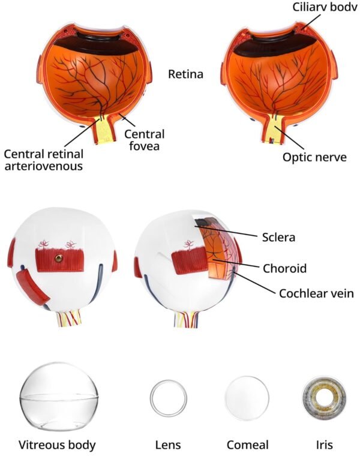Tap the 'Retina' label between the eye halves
click(185, 74)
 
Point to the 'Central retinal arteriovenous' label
click(43, 160)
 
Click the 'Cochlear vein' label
click(316, 294)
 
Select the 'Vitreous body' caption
click(57, 445)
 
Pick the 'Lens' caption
click(167, 445)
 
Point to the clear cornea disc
click(246, 398)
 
